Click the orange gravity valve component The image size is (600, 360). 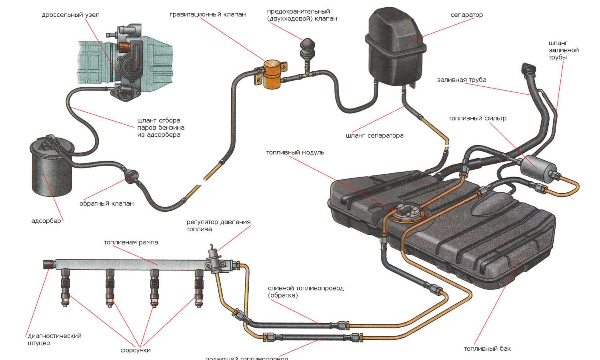272,74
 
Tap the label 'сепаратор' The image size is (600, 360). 466,15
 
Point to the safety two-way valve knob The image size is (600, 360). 308,45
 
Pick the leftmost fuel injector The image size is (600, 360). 65,286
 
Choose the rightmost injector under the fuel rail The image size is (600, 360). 199,286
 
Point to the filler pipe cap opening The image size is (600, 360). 526,68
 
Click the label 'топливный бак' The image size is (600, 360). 487,349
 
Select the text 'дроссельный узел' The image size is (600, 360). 70,15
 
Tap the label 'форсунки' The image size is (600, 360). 136,350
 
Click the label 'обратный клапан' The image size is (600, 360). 106,204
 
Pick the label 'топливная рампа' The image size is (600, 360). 131,242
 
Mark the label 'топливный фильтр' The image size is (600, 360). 477,118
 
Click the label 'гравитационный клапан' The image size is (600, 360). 208,15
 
